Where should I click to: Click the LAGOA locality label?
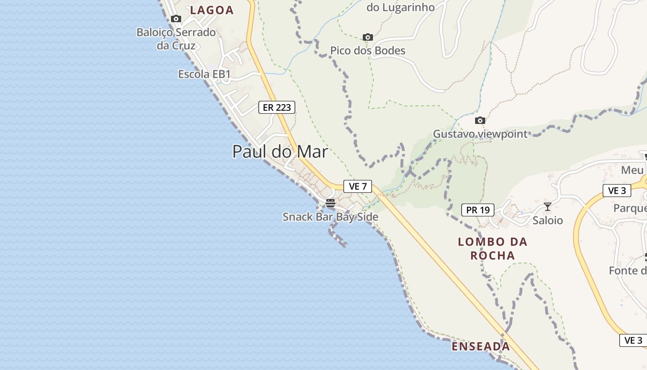(x=212, y=10)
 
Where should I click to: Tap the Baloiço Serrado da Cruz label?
(x=176, y=39)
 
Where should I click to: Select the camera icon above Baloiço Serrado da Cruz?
(x=176, y=19)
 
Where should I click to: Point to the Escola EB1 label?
(x=204, y=74)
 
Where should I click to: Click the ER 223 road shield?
(x=276, y=107)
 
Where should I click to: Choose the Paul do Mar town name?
(x=280, y=152)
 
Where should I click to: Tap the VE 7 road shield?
(x=358, y=186)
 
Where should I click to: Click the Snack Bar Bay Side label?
(x=330, y=217)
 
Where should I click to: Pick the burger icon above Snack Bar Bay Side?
(x=330, y=203)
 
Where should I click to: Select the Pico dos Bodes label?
(x=368, y=50)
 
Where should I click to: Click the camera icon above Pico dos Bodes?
(x=368, y=37)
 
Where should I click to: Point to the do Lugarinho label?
(x=401, y=7)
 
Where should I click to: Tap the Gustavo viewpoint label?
(x=480, y=134)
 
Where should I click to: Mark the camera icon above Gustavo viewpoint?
(x=480, y=121)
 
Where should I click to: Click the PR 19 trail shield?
(x=478, y=210)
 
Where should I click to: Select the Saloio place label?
(x=548, y=220)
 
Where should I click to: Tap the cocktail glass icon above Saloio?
(x=548, y=206)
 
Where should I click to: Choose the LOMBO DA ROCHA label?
(x=493, y=248)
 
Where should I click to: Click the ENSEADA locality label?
(x=481, y=346)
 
